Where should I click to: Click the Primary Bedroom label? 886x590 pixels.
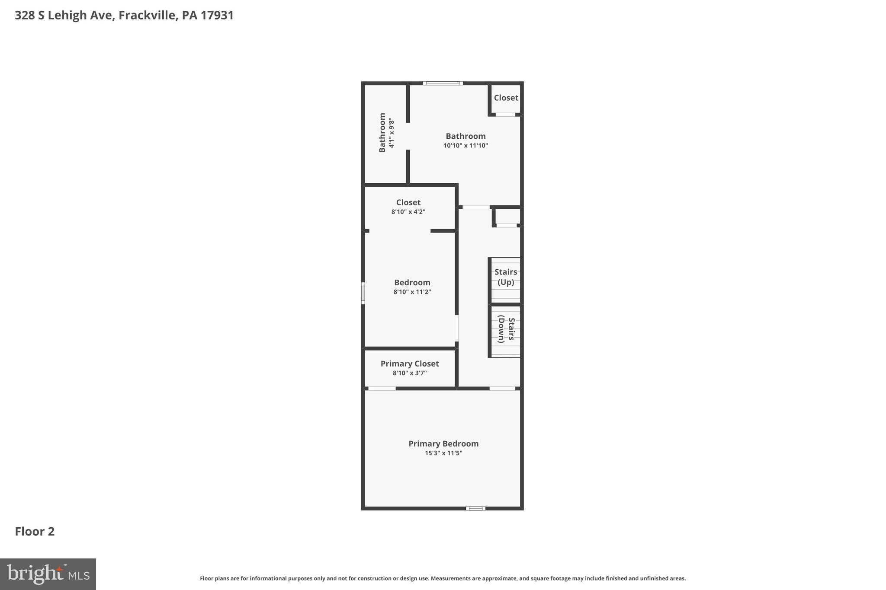pos(443,444)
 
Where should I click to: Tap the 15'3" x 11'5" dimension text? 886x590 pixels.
pos(443,453)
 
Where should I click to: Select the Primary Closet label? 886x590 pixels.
pos(410,364)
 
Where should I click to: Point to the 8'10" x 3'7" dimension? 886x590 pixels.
pos(410,373)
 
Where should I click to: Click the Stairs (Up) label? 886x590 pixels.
pos(506,277)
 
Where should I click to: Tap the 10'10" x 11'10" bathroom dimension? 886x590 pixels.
pos(465,146)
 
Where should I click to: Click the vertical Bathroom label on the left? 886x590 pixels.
pos(382,133)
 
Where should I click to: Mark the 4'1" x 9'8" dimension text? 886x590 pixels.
pos(392,133)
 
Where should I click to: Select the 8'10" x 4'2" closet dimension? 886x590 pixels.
pos(408,212)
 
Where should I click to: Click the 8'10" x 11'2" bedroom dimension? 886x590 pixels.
pos(412,292)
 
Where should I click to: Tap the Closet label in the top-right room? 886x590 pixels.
pos(506,98)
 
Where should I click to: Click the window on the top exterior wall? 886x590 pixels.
pos(443,83)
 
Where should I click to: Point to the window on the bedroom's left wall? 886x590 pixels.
pos(363,293)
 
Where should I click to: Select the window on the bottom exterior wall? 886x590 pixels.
pos(475,508)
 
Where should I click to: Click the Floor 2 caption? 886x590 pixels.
pos(35,532)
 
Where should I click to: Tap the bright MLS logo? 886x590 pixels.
pos(48,574)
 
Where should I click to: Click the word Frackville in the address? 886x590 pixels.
pos(147,16)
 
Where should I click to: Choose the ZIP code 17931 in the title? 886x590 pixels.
pos(217,16)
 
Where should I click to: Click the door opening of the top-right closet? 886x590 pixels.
pos(505,115)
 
